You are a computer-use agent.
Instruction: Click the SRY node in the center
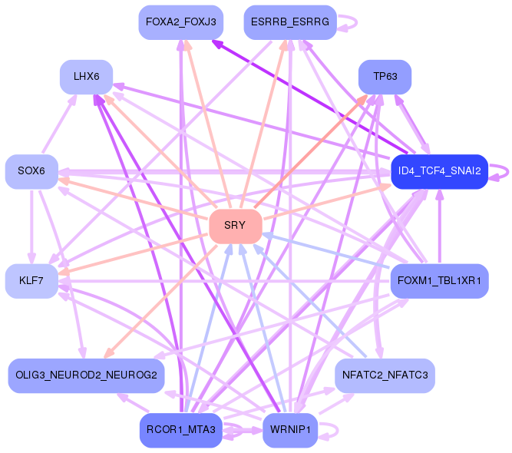point(236,225)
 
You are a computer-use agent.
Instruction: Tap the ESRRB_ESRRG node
point(289,23)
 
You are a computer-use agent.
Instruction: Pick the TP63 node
point(385,77)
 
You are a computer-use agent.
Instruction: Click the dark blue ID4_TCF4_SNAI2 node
point(439,171)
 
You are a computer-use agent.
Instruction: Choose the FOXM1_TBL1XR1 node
point(439,281)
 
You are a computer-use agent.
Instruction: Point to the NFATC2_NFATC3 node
point(385,375)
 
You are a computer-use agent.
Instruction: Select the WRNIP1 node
point(289,430)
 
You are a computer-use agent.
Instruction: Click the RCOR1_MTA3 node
point(181,430)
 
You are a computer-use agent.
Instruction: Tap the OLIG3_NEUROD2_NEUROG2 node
point(85,375)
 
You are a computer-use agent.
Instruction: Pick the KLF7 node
point(31,281)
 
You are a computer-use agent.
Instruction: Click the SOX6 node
point(31,171)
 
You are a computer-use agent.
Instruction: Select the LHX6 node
point(87,77)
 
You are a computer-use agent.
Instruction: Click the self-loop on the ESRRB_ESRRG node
point(350,23)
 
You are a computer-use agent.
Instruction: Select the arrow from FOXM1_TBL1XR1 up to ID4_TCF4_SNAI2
point(440,226)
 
